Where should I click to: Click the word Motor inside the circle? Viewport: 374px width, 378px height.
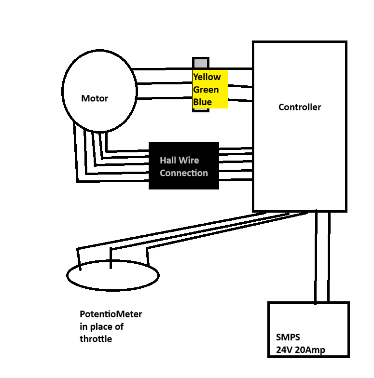pos(95,98)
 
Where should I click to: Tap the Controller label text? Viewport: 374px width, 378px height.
pos(299,107)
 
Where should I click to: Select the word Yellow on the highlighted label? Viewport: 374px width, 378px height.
pos(207,77)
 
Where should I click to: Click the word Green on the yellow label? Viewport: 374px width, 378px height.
pos(206,90)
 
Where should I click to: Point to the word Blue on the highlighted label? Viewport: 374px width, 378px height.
pos(202,102)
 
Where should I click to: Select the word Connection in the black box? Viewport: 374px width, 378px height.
pos(184,173)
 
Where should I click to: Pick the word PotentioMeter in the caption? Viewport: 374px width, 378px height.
pos(111,314)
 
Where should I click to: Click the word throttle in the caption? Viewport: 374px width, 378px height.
pos(96,339)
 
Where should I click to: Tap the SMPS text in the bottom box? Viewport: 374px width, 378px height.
pos(289,337)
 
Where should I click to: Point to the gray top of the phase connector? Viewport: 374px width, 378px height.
pos(201,63)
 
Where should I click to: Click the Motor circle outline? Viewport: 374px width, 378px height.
pos(63,92)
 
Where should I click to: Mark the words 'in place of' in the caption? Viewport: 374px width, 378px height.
pos(101,327)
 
